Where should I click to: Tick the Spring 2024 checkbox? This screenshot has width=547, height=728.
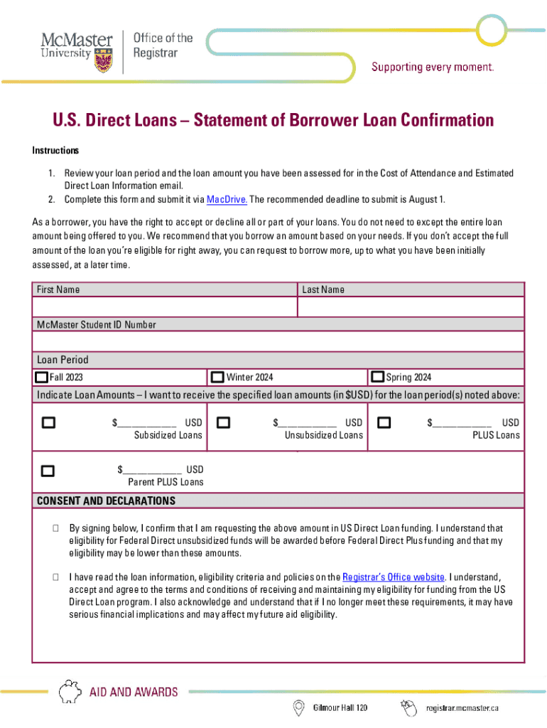[x=378, y=377]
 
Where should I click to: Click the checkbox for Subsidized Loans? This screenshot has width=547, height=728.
[x=48, y=423]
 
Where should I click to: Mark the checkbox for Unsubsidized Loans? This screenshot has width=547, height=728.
[x=223, y=423]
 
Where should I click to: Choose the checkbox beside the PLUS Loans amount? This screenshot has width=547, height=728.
[x=384, y=423]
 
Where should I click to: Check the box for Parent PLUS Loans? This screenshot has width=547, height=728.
[x=48, y=470]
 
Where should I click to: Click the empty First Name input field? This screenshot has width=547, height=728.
[x=164, y=307]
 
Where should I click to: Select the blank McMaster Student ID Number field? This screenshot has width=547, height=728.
[x=278, y=342]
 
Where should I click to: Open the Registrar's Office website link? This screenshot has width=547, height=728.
[x=394, y=577]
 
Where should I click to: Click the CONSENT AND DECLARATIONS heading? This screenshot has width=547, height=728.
[x=106, y=501]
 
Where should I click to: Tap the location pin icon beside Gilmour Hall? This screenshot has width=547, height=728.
[x=299, y=707]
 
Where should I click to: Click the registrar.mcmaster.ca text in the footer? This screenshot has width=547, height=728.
[x=462, y=708]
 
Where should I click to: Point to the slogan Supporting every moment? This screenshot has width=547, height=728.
[x=433, y=68]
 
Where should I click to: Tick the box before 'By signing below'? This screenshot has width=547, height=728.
[x=55, y=529]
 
